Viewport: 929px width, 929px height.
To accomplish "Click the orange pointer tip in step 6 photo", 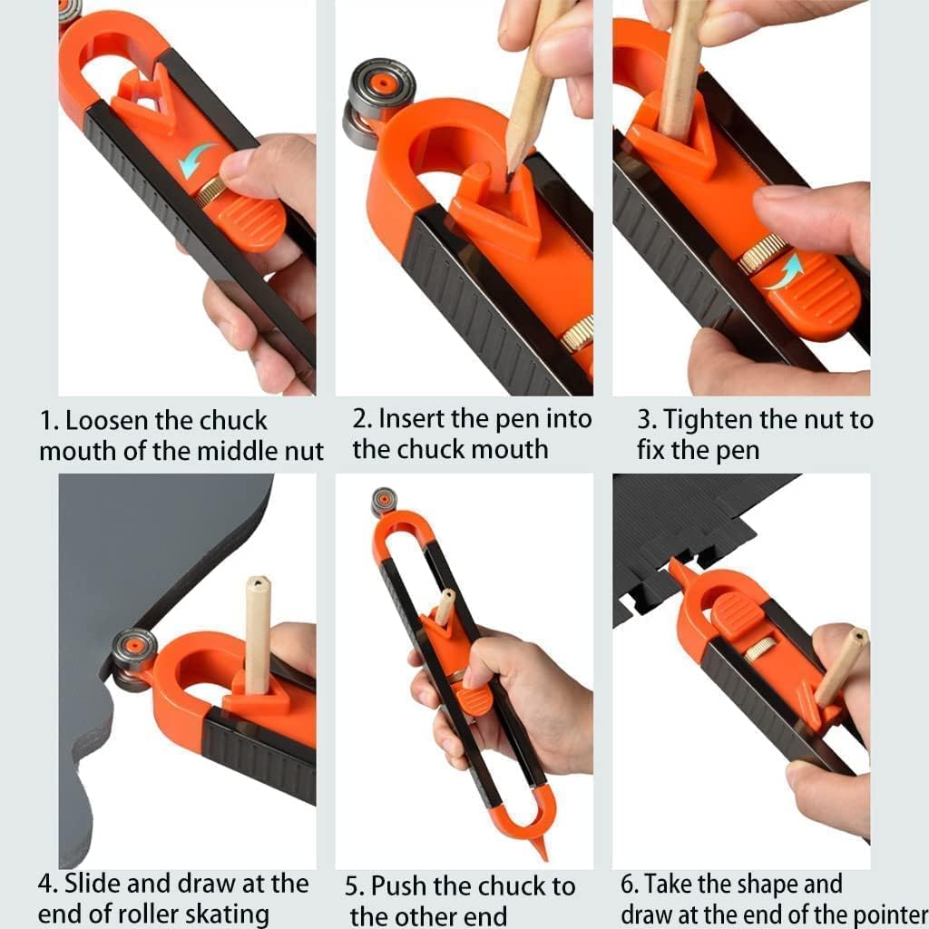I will [674, 566].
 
